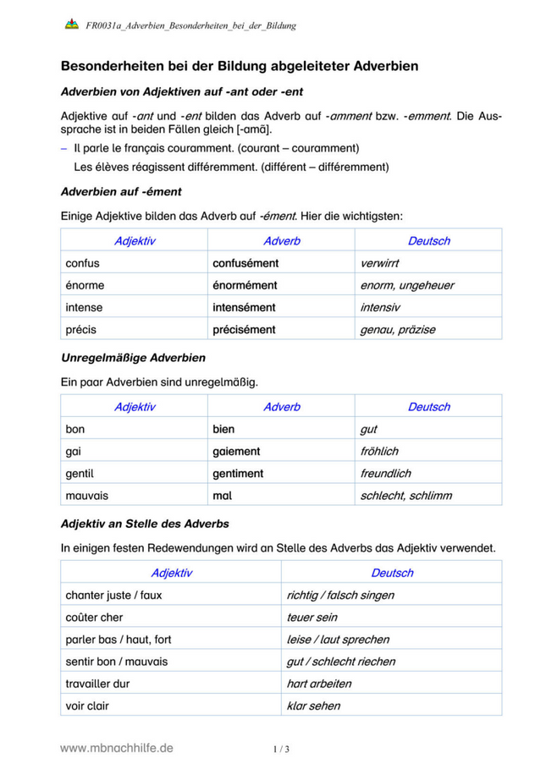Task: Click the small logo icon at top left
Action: point(71,25)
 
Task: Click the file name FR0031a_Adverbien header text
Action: point(190,26)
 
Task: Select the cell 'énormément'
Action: point(245,286)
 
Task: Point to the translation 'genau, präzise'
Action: point(397,330)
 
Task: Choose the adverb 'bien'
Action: point(223,430)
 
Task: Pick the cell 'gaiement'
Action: point(236,452)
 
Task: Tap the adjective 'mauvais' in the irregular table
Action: point(88,496)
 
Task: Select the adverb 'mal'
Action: point(222,496)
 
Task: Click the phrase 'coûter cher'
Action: point(94,618)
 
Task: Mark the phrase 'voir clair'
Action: point(87,706)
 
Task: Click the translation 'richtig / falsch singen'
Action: point(340,596)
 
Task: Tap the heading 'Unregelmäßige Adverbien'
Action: point(134,358)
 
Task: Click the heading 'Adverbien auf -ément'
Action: point(122,192)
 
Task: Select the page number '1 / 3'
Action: point(281,750)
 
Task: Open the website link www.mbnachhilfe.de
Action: point(117,748)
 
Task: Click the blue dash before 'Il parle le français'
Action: point(64,147)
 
